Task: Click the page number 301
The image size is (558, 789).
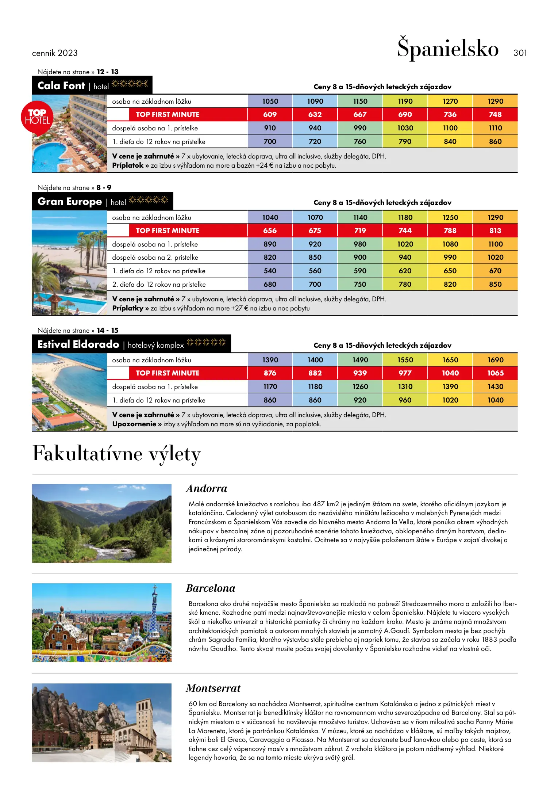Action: pyautogui.click(x=520, y=53)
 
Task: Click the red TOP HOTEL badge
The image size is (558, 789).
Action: pyautogui.click(x=37, y=117)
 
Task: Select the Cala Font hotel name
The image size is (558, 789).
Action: pyautogui.click(x=61, y=86)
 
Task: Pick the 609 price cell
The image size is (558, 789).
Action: pyautogui.click(x=270, y=114)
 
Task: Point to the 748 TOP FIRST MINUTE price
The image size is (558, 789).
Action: pyautogui.click(x=495, y=114)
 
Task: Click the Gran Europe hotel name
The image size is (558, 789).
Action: pyautogui.click(x=70, y=202)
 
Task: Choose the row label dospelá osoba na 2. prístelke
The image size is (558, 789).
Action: pyautogui.click(x=155, y=258)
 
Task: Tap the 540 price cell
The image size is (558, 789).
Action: pyautogui.click(x=270, y=271)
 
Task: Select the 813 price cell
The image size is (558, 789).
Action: pyautogui.click(x=495, y=230)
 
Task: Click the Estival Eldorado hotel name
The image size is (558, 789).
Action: pyautogui.click(x=78, y=344)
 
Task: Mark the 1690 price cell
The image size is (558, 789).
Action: pyautogui.click(x=495, y=360)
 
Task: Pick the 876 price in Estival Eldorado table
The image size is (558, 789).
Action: pyautogui.click(x=270, y=373)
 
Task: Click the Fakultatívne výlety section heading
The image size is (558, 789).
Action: pyautogui.click(x=116, y=454)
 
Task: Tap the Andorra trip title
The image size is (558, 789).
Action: pyautogui.click(x=207, y=489)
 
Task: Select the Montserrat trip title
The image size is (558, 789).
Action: pyautogui.click(x=213, y=689)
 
